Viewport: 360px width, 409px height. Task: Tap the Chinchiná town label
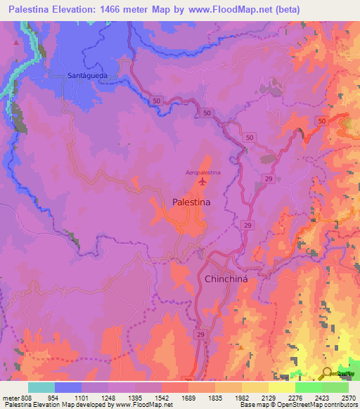[x=227, y=279]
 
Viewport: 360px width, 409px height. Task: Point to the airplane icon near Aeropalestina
[x=203, y=182]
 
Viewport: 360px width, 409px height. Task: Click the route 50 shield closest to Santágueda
[x=157, y=102]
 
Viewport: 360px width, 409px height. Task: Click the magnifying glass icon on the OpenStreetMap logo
[x=327, y=374]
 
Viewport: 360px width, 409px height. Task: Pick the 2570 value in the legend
[x=349, y=397]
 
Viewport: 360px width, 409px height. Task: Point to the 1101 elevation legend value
[x=82, y=397]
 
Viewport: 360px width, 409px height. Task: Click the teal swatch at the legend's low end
[x=41, y=387]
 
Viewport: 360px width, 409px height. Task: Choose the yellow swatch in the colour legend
[x=282, y=387]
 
